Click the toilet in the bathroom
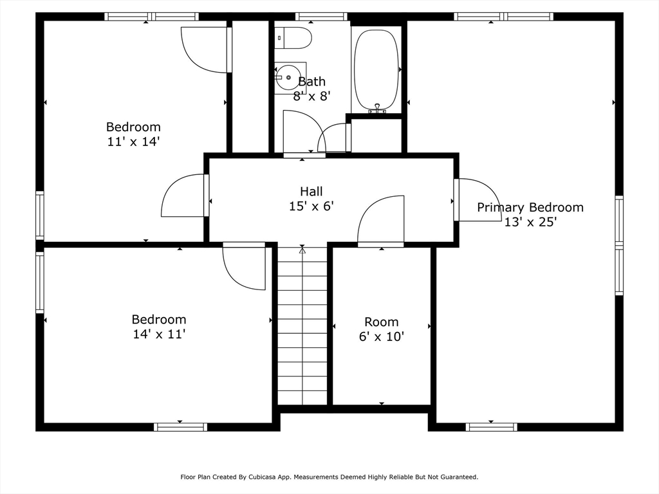[x=293, y=38]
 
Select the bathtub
[x=376, y=69]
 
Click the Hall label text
[x=311, y=192]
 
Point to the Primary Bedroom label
[x=530, y=207]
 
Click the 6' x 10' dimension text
[x=382, y=336]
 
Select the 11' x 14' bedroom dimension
[x=134, y=142]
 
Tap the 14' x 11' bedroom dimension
[x=160, y=334]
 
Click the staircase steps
[x=302, y=326]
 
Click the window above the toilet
[x=322, y=16]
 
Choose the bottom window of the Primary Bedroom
[x=491, y=427]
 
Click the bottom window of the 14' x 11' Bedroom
[x=180, y=427]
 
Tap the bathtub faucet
[x=377, y=109]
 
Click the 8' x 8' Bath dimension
[x=312, y=96]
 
